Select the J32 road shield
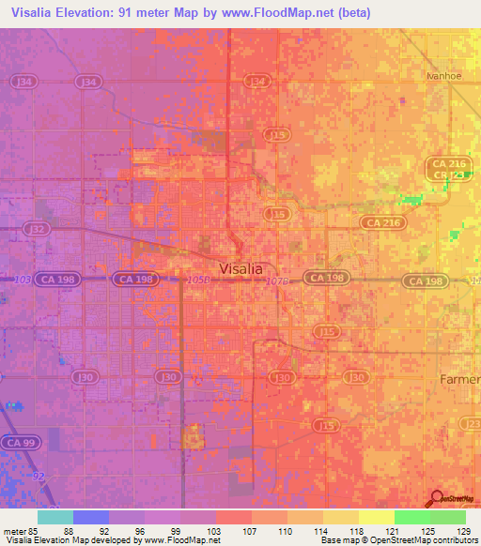pos(38,228)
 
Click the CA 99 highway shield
pos(18,442)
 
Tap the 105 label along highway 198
pos(195,280)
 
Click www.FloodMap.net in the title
pos(279,13)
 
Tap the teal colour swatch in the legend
pos(55,517)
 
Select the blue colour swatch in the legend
pos(91,517)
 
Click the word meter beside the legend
pos(14,530)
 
